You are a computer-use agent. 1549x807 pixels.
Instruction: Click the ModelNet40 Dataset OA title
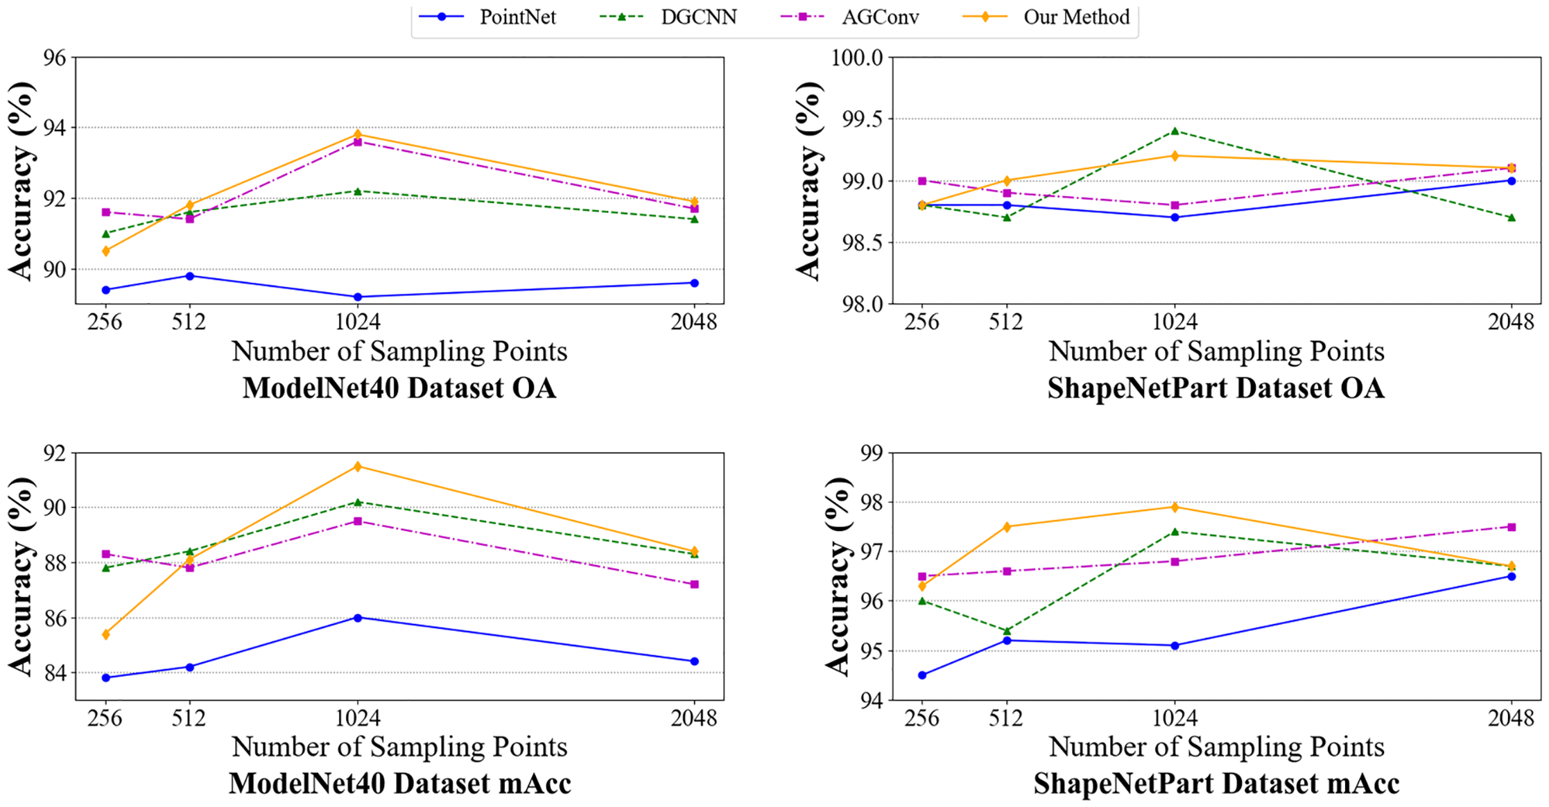click(399, 388)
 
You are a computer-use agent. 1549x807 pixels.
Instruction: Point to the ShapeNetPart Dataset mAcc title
click(1216, 783)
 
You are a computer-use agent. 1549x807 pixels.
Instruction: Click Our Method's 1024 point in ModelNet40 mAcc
click(358, 467)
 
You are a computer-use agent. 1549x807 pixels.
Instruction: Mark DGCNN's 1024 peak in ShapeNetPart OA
click(1175, 131)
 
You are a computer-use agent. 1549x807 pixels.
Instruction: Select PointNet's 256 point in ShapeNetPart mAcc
click(922, 675)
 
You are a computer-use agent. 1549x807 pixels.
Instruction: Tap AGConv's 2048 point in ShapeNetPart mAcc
click(1512, 527)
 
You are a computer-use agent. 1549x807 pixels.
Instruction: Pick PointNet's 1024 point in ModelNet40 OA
click(358, 297)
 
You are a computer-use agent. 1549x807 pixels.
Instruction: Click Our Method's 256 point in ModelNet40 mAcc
click(106, 634)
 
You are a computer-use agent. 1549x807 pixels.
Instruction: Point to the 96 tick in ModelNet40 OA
click(55, 58)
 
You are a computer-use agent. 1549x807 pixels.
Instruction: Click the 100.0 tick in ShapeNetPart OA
click(857, 58)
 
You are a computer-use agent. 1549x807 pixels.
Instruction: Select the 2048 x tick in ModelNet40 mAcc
click(694, 718)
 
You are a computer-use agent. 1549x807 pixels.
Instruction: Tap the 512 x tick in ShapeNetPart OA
click(1006, 322)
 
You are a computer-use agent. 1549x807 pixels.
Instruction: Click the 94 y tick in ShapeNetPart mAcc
click(872, 700)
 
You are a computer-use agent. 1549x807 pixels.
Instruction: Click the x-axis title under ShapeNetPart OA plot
click(1216, 352)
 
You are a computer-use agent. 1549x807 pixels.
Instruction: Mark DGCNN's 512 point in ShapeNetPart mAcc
click(1007, 631)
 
